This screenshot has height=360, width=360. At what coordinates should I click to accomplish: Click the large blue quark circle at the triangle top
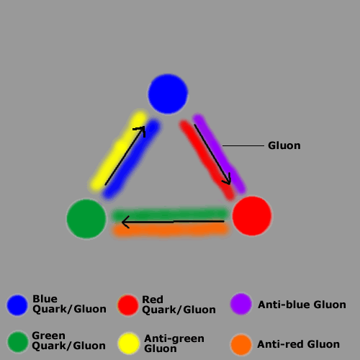168,94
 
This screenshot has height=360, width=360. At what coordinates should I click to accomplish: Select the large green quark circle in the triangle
86,219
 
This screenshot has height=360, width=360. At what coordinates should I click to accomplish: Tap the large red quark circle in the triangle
252,216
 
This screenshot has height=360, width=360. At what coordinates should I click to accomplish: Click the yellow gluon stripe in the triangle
119,150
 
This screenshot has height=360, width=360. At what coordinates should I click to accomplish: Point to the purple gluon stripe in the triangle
219,153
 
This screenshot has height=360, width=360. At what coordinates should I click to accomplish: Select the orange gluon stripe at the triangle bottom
171,230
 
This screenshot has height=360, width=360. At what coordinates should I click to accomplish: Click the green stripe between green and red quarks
171,214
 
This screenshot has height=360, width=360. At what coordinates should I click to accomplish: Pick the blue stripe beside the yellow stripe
132,159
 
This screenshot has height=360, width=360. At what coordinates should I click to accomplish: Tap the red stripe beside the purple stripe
207,161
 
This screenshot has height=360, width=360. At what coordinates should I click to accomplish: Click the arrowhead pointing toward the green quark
125,222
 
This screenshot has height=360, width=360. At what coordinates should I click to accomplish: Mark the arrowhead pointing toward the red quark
227,180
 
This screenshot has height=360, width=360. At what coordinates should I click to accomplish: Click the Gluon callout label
284,145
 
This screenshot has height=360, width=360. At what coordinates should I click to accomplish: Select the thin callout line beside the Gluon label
243,145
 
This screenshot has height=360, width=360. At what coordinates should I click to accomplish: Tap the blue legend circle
17,305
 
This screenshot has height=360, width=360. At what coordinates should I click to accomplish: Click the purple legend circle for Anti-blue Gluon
241,304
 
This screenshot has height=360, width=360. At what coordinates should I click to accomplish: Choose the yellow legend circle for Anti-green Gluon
129,343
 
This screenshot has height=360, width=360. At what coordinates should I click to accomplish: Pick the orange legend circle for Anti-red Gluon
241,345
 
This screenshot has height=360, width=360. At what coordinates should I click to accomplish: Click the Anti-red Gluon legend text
298,344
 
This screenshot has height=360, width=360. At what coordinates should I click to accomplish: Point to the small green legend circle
18,342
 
